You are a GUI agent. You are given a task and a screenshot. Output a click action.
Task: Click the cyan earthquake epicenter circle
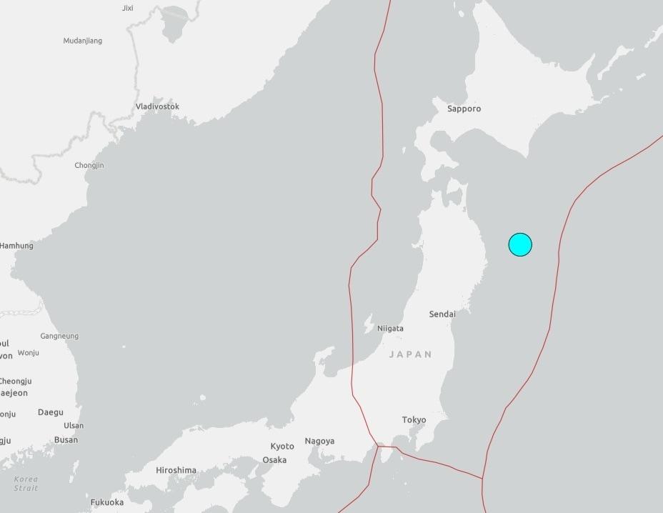click(x=520, y=244)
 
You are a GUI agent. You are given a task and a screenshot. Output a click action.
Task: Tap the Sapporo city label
click(x=464, y=109)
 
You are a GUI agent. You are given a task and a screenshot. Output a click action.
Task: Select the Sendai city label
click(x=442, y=314)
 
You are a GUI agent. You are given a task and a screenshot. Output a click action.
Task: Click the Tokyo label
click(x=414, y=420)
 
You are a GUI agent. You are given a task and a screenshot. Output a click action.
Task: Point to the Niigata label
click(x=389, y=329)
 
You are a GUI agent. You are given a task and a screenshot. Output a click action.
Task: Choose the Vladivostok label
click(x=157, y=106)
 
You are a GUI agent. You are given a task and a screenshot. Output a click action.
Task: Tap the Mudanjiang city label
click(x=83, y=41)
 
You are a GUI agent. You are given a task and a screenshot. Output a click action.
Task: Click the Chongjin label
click(x=89, y=166)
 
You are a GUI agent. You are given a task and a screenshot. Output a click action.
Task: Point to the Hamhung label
click(x=16, y=246)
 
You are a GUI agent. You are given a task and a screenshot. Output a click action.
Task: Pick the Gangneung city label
click(x=59, y=336)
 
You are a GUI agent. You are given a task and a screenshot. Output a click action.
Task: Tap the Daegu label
click(x=50, y=412)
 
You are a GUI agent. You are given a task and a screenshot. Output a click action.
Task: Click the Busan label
click(x=66, y=440)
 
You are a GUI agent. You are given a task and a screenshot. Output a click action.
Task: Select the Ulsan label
click(x=73, y=426)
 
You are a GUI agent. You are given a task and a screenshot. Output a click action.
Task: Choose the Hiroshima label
click(x=176, y=470)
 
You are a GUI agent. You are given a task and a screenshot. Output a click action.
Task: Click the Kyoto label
click(x=282, y=447)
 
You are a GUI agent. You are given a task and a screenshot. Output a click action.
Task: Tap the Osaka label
click(x=274, y=460)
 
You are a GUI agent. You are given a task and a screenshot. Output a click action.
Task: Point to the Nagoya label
click(x=319, y=441)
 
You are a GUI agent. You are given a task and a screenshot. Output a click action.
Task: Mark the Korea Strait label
click(x=26, y=483)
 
